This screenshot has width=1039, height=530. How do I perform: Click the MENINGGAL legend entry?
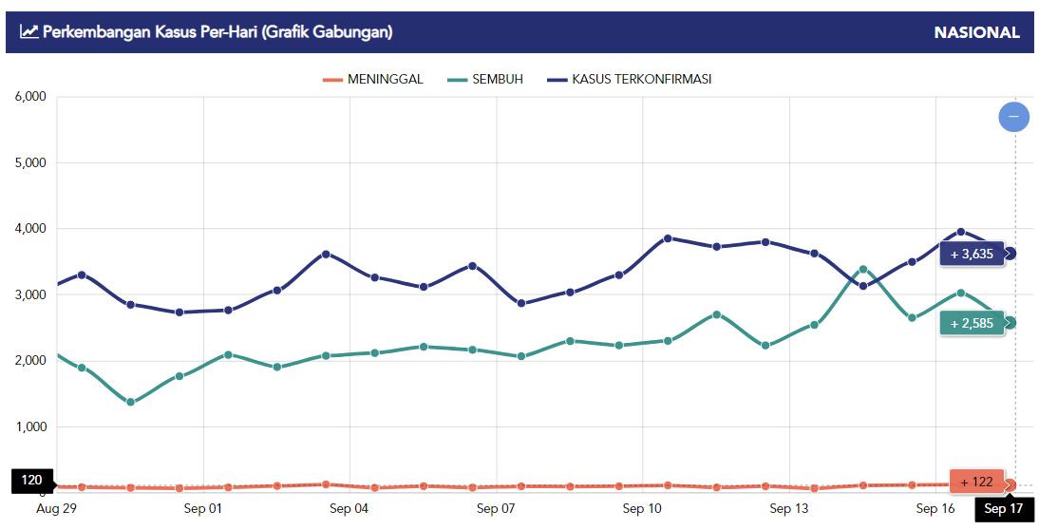pos(373,79)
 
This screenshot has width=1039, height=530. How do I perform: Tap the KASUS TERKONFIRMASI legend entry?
pos(630,79)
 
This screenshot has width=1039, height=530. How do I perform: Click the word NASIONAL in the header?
pos(976,32)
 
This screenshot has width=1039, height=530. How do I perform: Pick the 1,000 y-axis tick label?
pos(30,426)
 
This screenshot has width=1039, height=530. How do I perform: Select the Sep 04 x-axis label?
pos(349,509)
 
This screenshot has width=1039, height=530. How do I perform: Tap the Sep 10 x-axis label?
pos(642,509)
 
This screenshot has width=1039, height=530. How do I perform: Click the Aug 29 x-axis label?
pos(55,509)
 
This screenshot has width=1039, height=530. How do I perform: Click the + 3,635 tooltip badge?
pos(972,254)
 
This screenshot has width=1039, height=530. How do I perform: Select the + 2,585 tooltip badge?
pos(972,323)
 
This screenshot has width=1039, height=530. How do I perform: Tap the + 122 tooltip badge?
pos(976,482)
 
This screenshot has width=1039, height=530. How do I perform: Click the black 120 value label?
pos(32,481)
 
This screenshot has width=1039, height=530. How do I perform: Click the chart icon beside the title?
pos(29,32)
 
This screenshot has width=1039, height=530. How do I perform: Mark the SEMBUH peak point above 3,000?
pos(862,270)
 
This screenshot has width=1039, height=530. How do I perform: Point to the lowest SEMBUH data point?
pos(130,403)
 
